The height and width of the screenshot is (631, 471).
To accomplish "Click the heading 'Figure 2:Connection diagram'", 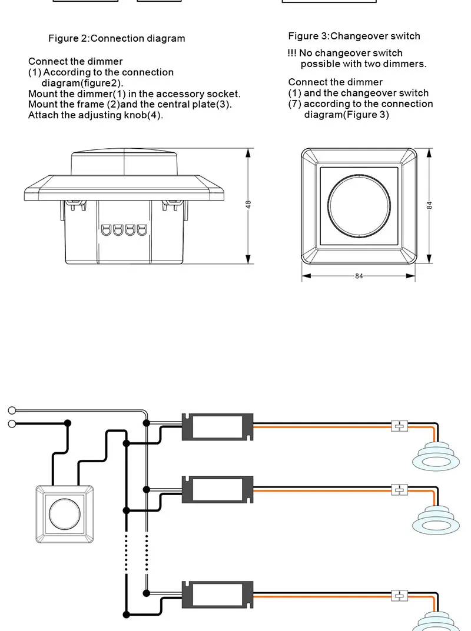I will tap(117, 39).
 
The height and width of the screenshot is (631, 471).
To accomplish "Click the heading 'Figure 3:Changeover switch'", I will tap(354, 36).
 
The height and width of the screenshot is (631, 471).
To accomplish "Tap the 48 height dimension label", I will tap(248, 205).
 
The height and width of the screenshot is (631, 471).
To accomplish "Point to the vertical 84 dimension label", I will tap(429, 205).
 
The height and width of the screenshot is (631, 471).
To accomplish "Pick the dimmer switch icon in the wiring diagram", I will tap(65, 513).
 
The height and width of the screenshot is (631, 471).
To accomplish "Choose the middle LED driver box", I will tap(218, 489).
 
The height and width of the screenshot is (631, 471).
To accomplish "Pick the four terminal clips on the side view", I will tap(123, 229).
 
